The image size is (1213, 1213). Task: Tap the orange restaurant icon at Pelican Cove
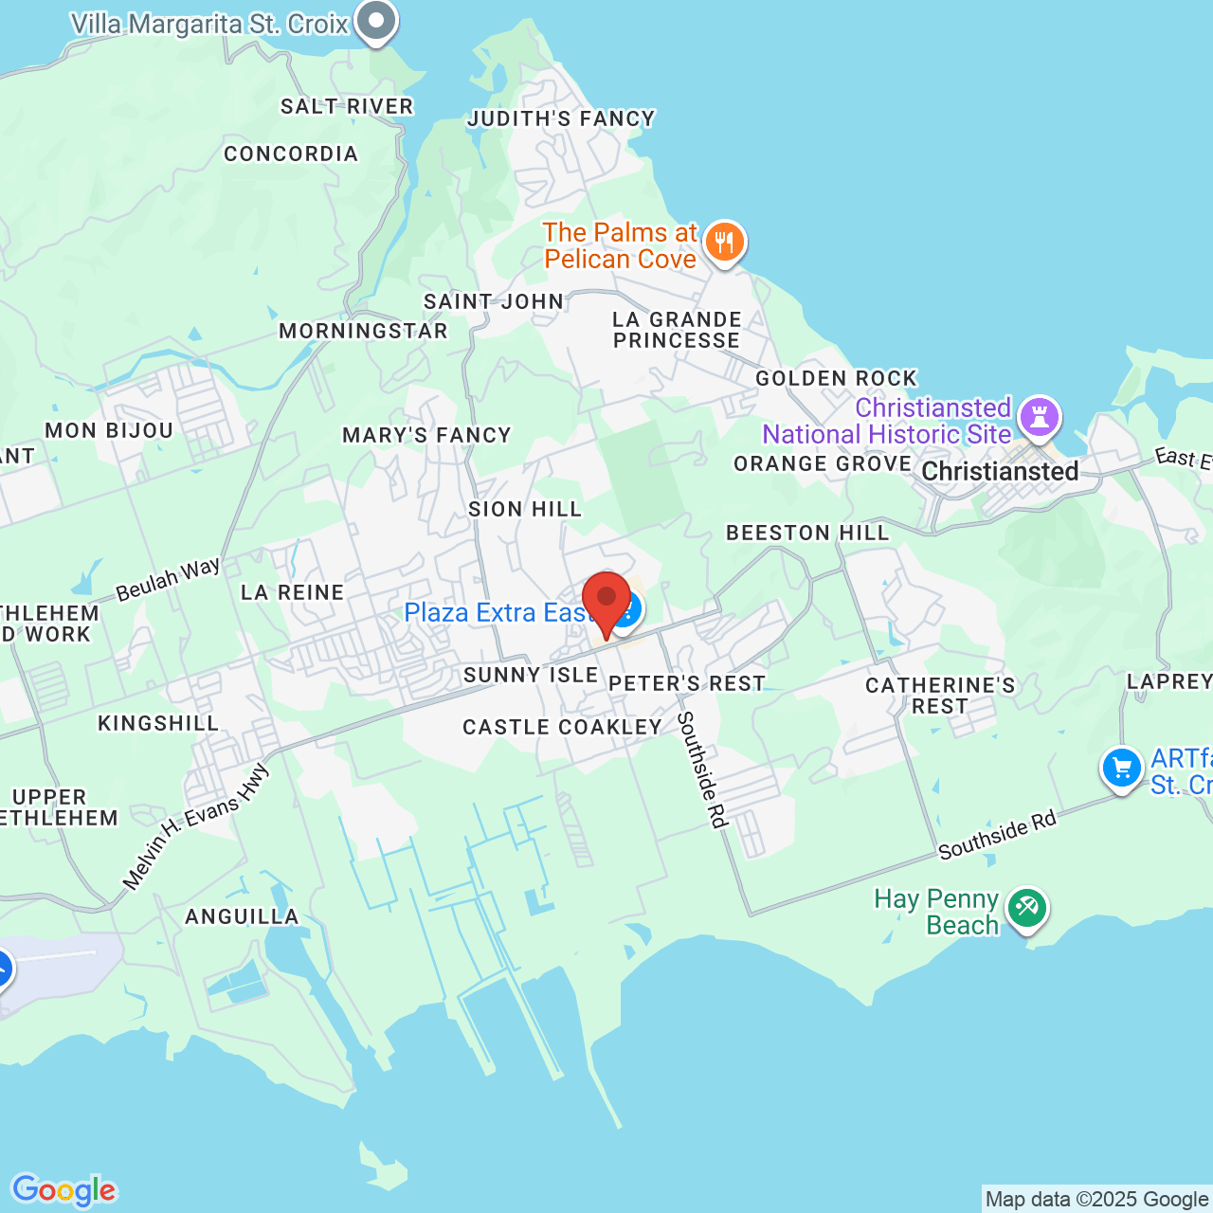point(725,243)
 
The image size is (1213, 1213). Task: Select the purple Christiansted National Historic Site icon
point(1039,417)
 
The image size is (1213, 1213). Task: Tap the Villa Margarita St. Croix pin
point(376,20)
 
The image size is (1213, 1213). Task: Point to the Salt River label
point(347,106)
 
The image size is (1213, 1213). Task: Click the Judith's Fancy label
point(561,118)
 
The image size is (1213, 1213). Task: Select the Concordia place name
point(291,154)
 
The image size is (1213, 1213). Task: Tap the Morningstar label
point(363,331)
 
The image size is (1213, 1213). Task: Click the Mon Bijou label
point(109,430)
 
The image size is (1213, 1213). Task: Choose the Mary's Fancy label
point(426,435)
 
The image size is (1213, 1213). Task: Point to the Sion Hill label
point(525,509)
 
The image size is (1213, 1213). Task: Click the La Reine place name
point(292,592)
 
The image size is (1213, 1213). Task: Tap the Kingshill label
point(158,723)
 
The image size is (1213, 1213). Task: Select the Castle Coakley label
point(562,727)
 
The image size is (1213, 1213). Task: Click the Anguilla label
point(242,916)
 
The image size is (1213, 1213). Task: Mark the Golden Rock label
point(837,378)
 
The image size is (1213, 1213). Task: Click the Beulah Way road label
point(168,580)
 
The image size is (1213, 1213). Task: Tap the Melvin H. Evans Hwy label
point(196,827)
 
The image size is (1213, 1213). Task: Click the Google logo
point(63,1190)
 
